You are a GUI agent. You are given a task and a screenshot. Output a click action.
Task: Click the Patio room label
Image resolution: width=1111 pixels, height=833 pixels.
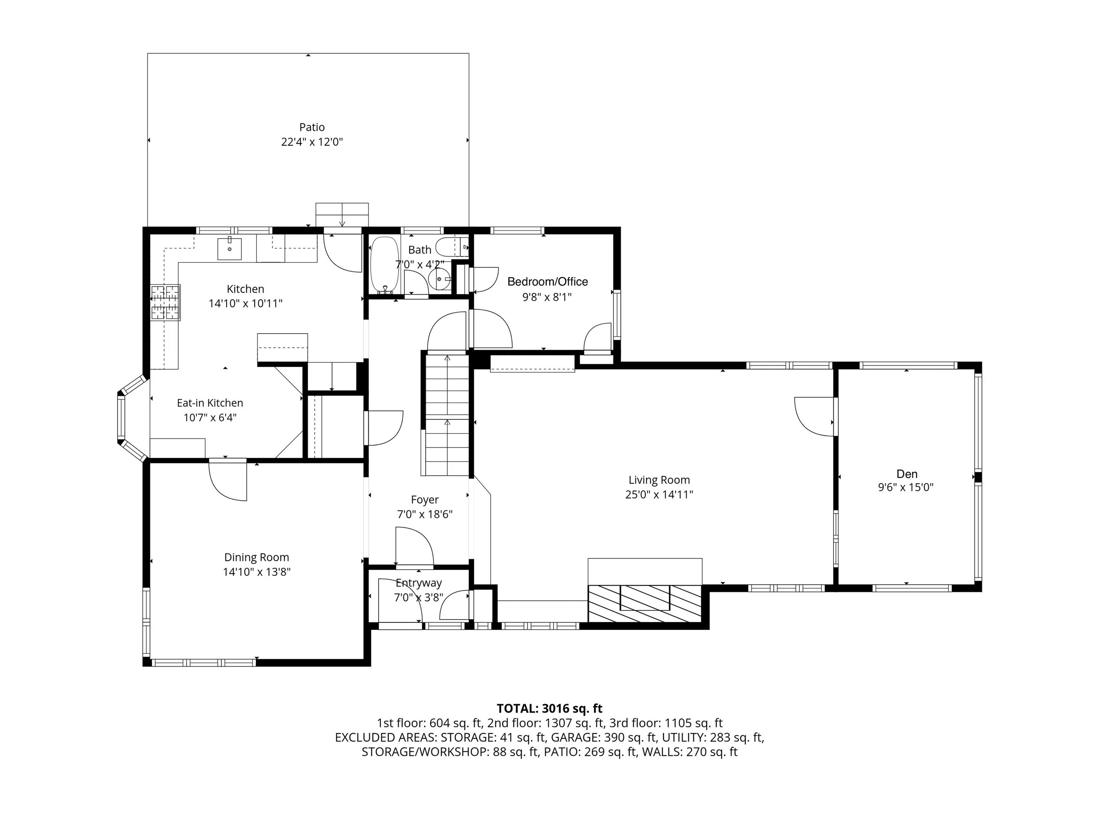pyautogui.click(x=312, y=127)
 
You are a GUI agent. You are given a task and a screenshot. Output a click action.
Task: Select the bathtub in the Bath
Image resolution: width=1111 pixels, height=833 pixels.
pyautogui.click(x=385, y=265)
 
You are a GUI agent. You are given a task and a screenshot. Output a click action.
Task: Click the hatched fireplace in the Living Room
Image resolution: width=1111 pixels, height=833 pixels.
pyautogui.click(x=645, y=604)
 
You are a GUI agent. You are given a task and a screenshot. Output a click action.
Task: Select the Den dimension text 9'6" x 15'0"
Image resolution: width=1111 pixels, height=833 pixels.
pyautogui.click(x=906, y=487)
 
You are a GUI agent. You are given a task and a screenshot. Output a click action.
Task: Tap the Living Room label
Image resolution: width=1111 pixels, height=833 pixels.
pyautogui.click(x=659, y=480)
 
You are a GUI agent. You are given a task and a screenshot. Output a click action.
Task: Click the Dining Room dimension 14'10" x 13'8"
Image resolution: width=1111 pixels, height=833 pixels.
pyautogui.click(x=257, y=572)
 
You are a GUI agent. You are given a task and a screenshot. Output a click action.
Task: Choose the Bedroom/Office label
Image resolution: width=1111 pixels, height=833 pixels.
pyautogui.click(x=548, y=282)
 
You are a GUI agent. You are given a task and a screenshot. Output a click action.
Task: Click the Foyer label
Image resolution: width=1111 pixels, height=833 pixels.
pyautogui.click(x=425, y=500)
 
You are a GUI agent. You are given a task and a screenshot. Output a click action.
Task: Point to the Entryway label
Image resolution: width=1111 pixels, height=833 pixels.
pyautogui.click(x=418, y=583)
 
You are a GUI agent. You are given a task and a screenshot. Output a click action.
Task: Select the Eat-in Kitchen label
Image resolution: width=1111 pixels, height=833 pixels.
pyautogui.click(x=210, y=403)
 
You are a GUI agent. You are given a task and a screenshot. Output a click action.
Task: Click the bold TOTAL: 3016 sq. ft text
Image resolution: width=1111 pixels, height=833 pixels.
pyautogui.click(x=549, y=709)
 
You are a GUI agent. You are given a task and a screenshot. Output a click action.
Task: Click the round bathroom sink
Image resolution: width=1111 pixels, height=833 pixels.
pyautogui.click(x=440, y=279)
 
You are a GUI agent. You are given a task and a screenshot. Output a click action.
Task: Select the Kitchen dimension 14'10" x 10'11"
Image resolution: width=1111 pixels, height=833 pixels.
pyautogui.click(x=246, y=304)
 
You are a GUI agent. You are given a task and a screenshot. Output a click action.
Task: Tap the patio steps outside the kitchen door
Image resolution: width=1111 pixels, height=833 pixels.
pyautogui.click(x=342, y=215)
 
